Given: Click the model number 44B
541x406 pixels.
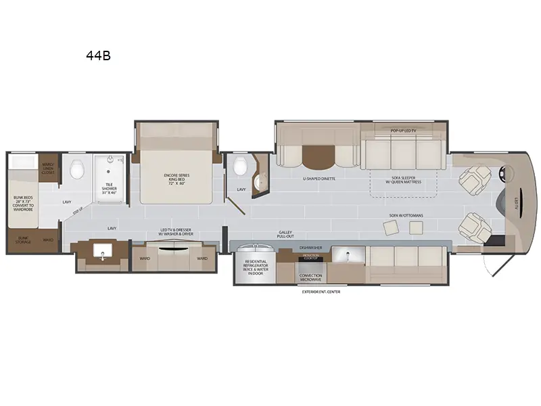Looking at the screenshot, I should [98, 56].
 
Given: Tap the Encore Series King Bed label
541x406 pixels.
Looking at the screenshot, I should [177, 179].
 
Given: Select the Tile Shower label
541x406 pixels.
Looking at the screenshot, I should [110, 190].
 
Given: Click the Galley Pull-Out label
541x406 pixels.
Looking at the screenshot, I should [285, 234].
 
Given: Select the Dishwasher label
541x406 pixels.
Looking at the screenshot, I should [311, 248].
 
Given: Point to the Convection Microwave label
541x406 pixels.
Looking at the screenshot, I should [311, 277].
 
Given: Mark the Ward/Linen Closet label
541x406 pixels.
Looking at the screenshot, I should [48, 168].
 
